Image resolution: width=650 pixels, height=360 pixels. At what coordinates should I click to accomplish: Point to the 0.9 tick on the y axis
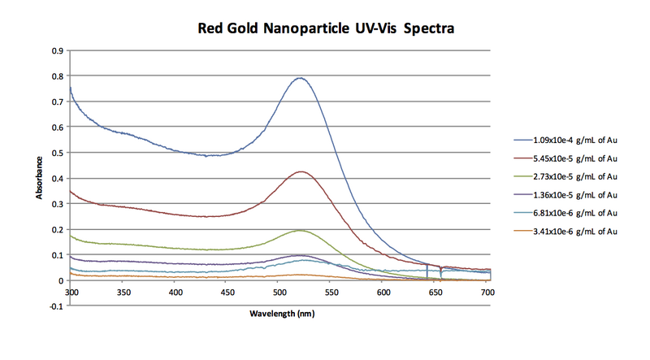click(58, 50)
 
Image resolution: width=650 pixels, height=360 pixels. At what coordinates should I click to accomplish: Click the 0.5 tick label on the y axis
click(58, 153)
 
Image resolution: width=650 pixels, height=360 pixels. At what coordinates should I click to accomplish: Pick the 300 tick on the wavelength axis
click(71, 290)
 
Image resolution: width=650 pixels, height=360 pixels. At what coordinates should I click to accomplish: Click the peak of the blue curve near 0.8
click(301, 78)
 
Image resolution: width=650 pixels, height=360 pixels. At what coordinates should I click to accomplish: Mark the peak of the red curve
click(301, 171)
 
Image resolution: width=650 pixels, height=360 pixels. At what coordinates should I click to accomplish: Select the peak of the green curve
click(301, 231)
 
